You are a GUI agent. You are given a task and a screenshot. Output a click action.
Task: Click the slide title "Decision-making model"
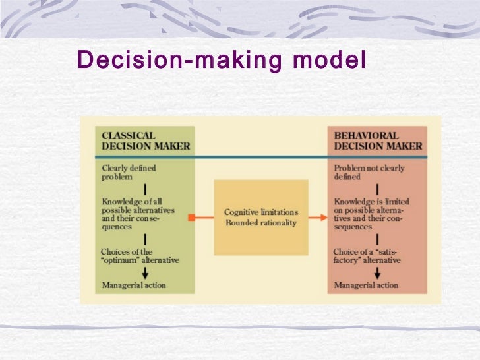point(221,60)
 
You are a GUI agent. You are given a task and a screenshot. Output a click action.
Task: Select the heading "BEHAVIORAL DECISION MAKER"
point(377,140)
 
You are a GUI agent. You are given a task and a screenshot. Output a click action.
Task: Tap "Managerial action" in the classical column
point(134,285)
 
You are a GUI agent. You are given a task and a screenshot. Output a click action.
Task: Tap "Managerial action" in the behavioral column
point(367,285)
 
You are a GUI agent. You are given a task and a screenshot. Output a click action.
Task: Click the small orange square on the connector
point(190,217)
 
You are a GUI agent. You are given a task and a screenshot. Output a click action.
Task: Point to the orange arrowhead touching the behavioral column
point(325,217)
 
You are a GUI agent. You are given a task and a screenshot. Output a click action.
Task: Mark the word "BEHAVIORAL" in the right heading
point(367,135)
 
